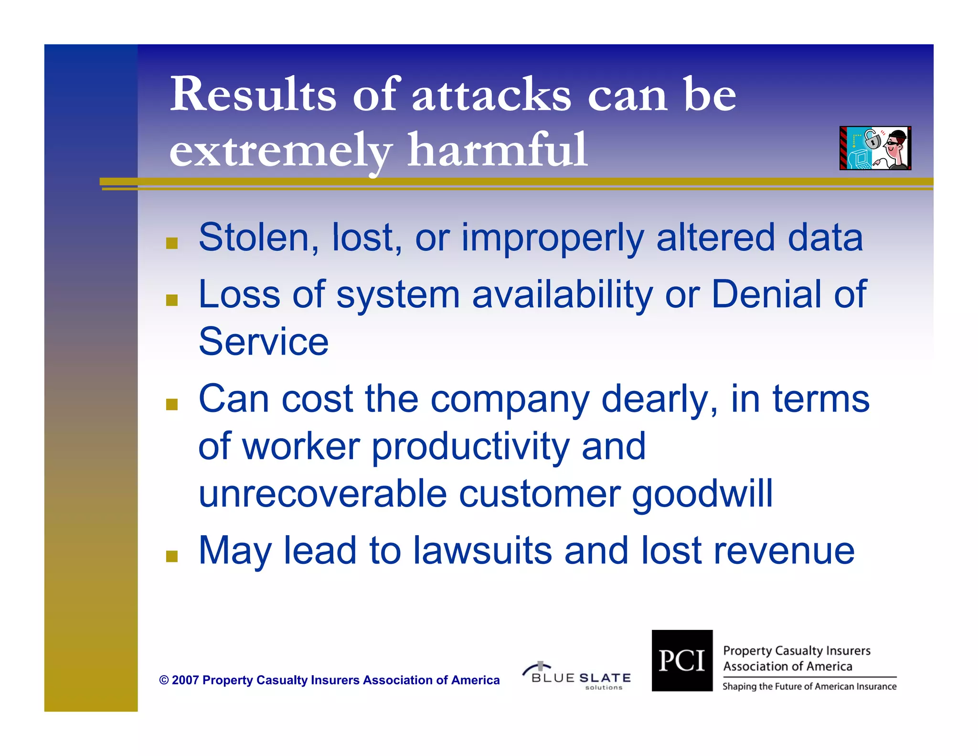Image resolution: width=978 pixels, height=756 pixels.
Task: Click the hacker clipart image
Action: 875,148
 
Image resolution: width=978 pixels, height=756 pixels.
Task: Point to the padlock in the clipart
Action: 872,139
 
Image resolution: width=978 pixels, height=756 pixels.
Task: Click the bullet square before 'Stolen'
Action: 172,243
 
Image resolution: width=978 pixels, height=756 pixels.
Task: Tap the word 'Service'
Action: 264,342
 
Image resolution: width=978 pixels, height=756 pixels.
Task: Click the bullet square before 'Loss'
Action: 172,300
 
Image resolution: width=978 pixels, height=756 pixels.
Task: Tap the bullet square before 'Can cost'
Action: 172,404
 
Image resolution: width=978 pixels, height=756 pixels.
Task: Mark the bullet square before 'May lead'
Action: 172,556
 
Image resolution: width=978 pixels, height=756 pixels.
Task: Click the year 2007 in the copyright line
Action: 185,680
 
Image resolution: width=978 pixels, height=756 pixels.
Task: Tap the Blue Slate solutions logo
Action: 577,676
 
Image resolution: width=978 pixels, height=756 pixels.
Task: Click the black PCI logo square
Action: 681,660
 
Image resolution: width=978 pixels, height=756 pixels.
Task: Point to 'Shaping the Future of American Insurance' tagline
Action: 809,687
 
